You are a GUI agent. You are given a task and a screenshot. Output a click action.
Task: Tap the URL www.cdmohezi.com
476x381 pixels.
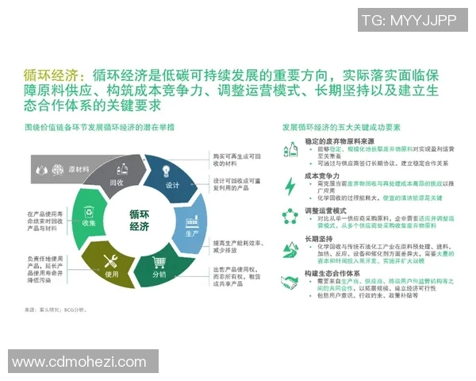[79, 362]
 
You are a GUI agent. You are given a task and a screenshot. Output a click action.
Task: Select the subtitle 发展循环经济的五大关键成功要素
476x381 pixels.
[342, 127]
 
